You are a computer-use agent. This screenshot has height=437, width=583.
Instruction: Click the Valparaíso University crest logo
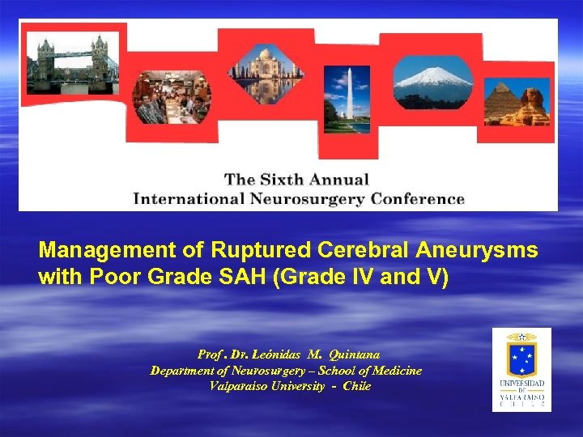[521, 369]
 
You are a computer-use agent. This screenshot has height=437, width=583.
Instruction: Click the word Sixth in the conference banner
[285, 180]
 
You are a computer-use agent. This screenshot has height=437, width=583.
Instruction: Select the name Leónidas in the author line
[279, 354]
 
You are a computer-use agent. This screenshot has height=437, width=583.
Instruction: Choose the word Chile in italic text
[356, 386]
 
